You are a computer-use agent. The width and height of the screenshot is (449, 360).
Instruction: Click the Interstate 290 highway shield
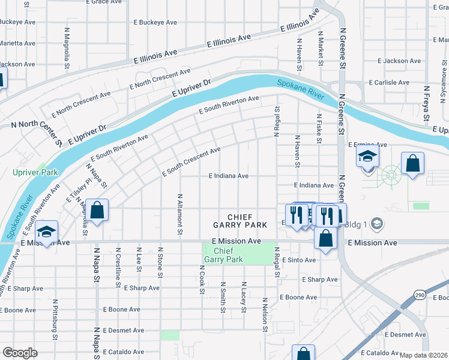pos(419,295)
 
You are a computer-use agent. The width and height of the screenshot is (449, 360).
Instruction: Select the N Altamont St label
pos(179,214)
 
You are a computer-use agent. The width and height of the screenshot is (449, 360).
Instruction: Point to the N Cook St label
pos(202,279)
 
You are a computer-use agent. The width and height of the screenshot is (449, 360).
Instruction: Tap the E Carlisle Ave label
pos(391,82)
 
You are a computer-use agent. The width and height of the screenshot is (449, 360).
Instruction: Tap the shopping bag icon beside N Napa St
pos(97,211)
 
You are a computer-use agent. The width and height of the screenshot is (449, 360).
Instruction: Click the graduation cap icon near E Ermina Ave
pos(367,158)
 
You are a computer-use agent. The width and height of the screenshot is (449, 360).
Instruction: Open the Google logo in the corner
pos(20,353)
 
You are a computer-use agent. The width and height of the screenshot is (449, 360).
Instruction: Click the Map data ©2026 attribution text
pos(423,355)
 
